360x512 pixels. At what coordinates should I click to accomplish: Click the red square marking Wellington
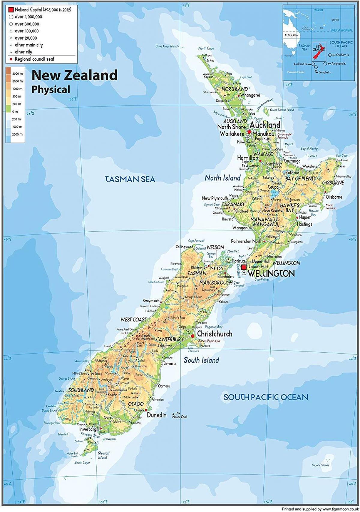click(244, 267)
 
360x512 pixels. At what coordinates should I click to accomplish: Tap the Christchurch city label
click(214, 334)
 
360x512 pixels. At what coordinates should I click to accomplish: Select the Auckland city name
click(265, 125)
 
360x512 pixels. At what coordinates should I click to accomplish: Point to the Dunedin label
click(157, 415)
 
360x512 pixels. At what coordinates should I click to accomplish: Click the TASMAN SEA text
click(130, 179)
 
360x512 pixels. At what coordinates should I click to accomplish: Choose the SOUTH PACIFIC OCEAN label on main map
click(266, 397)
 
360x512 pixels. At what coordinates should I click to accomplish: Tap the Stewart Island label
click(103, 455)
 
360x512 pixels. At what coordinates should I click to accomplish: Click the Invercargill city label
click(89, 429)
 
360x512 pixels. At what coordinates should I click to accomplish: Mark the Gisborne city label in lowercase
click(334, 197)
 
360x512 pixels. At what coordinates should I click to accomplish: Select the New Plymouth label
click(214, 198)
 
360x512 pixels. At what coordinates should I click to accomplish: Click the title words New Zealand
click(74, 75)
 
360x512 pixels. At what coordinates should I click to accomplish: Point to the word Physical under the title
click(51, 89)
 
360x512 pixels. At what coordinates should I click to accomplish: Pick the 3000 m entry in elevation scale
click(17, 74)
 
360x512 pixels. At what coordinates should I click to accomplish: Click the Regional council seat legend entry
click(34, 59)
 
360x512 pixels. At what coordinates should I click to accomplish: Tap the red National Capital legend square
click(12, 10)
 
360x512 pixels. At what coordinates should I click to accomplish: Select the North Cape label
click(206, 48)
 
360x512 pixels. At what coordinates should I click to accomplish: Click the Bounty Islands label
click(320, 465)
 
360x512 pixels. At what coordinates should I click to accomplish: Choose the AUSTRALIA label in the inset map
click(291, 35)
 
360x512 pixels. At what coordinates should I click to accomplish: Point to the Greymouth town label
click(151, 301)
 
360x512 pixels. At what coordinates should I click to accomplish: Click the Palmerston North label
click(247, 241)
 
